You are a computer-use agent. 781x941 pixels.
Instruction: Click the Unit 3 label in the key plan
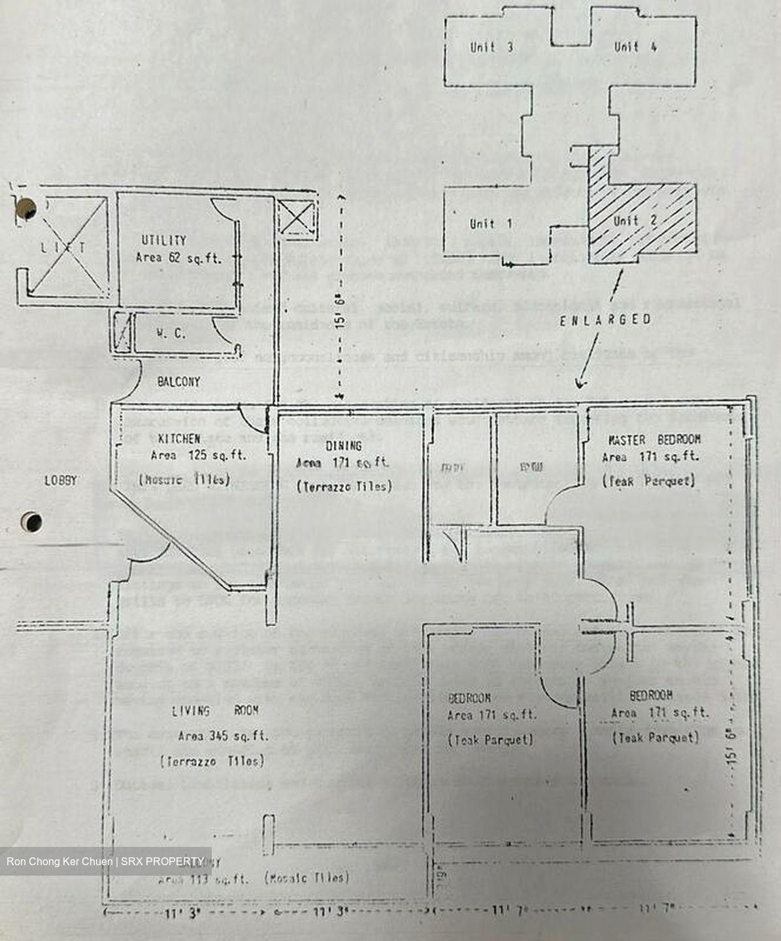(491, 47)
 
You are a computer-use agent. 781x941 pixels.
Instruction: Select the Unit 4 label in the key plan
(635, 46)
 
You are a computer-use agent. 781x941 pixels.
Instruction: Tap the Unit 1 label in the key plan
(491, 223)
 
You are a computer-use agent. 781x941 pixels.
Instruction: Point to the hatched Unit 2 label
(635, 220)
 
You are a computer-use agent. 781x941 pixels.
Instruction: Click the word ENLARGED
(605, 320)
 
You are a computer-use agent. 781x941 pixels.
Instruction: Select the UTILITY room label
(163, 240)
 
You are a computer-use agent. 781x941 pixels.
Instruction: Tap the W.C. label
(171, 333)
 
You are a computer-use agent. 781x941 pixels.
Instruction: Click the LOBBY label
(61, 480)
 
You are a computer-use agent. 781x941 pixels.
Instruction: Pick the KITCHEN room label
(178, 438)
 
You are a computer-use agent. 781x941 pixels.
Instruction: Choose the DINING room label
(343, 446)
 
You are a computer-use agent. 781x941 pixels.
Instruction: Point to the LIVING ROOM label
(215, 711)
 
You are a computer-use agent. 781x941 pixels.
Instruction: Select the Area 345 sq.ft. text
(223, 736)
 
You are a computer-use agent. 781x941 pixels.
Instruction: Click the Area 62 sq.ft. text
(178, 258)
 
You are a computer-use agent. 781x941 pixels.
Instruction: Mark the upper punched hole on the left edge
(27, 208)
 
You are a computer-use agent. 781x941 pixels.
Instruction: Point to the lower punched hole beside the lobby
(31, 522)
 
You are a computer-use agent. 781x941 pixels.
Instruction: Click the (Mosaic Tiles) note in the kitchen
(185, 479)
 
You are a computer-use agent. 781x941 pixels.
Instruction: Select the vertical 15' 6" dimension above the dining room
(339, 295)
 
